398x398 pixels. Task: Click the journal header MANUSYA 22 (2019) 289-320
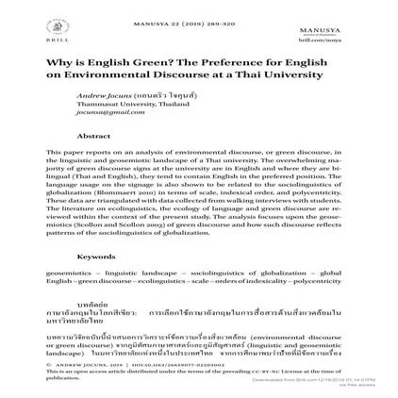click(199, 18)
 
